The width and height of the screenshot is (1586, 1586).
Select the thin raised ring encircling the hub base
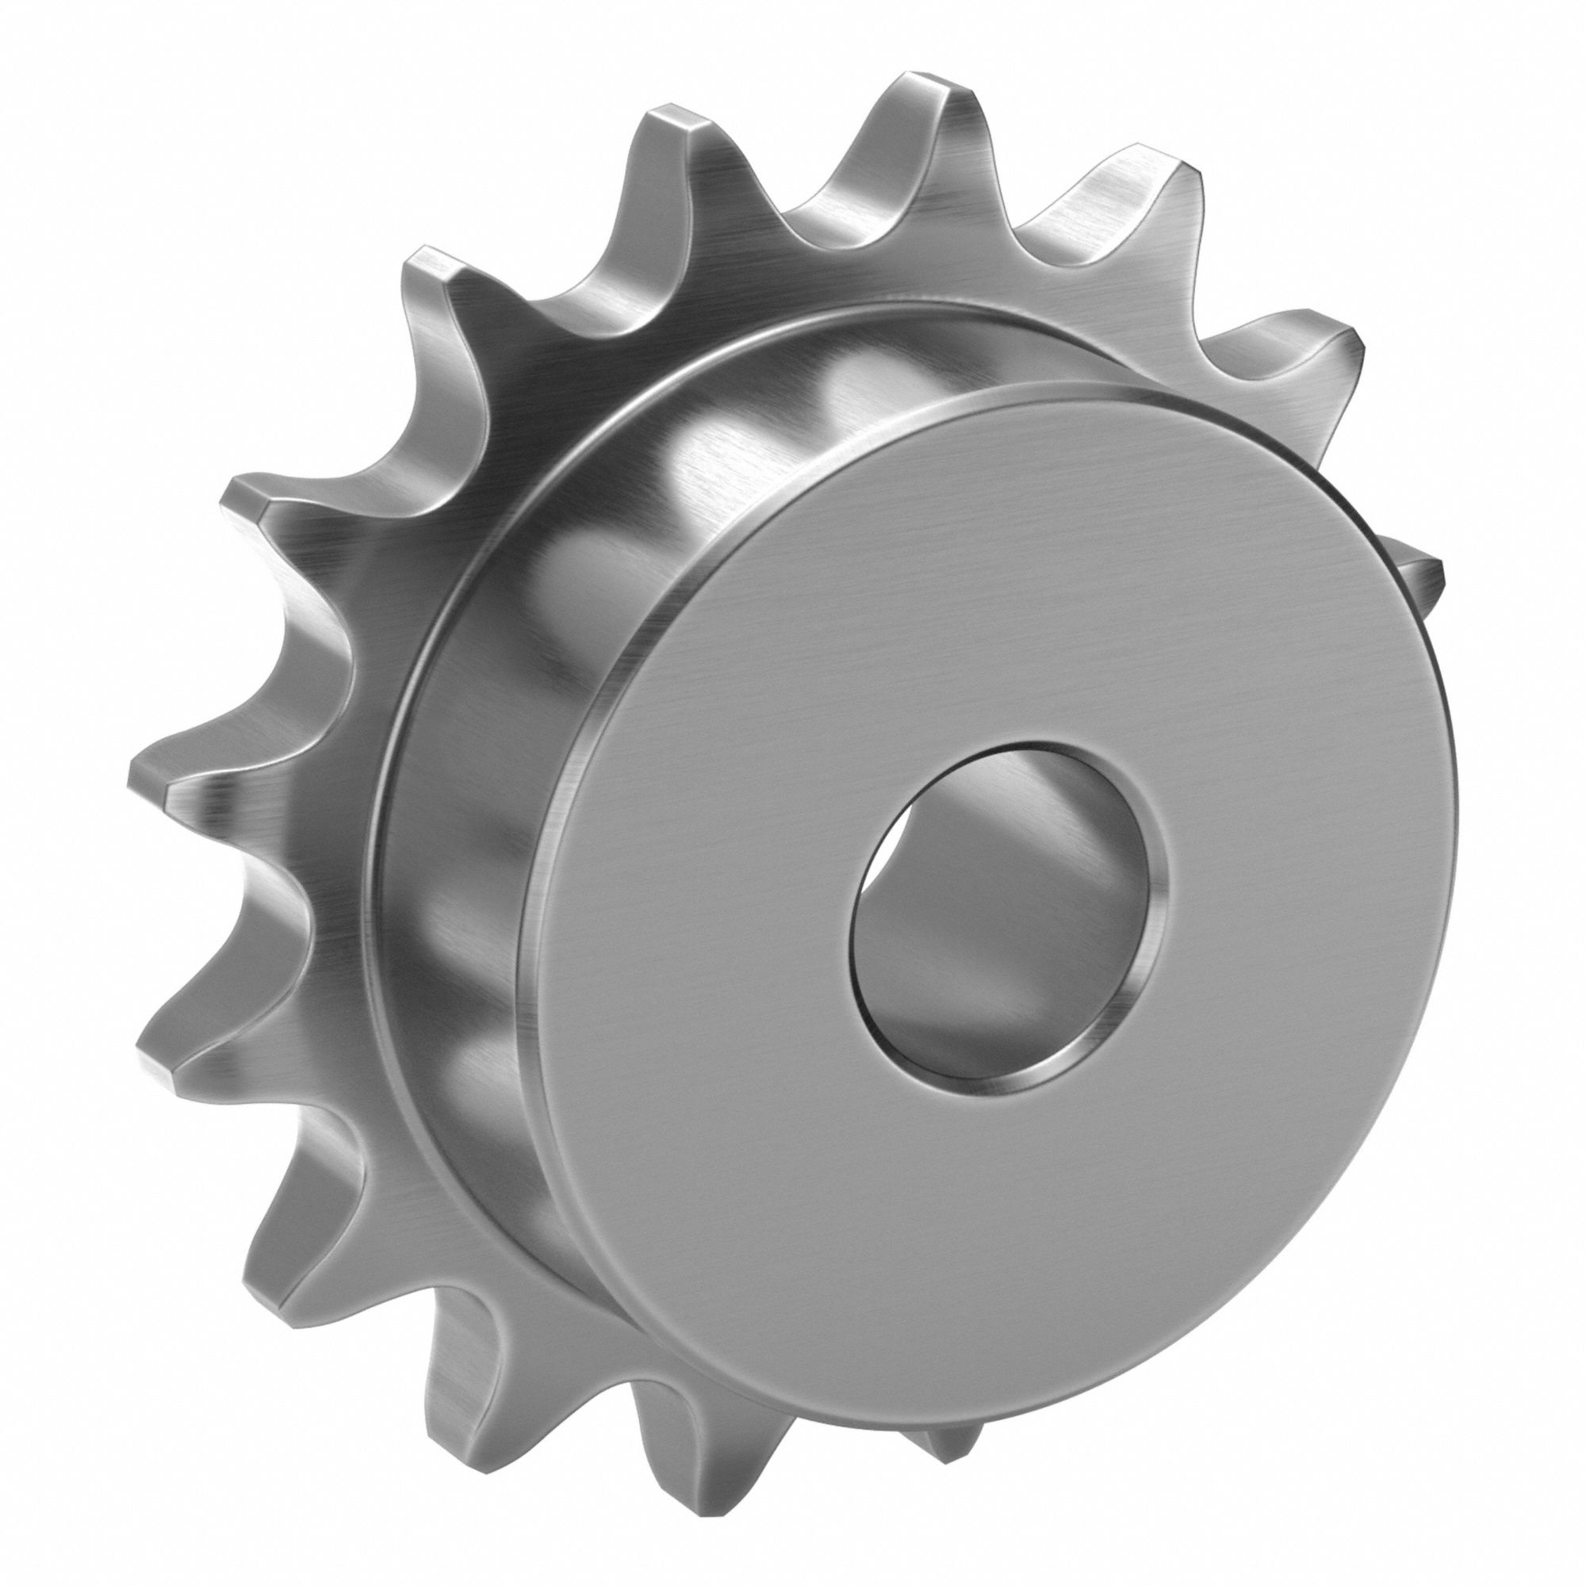394,903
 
